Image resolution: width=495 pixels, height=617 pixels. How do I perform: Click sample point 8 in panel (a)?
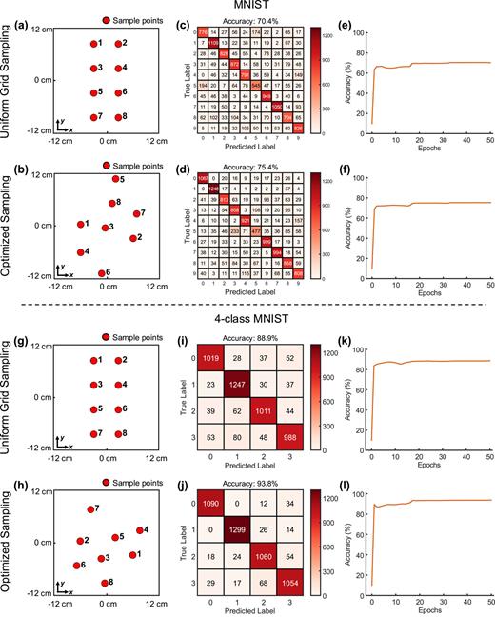pyautogui.click(x=117, y=116)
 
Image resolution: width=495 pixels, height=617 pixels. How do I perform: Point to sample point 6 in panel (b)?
pyautogui.click(x=102, y=273)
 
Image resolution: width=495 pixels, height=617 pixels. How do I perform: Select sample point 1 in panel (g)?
pyautogui.click(x=92, y=360)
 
